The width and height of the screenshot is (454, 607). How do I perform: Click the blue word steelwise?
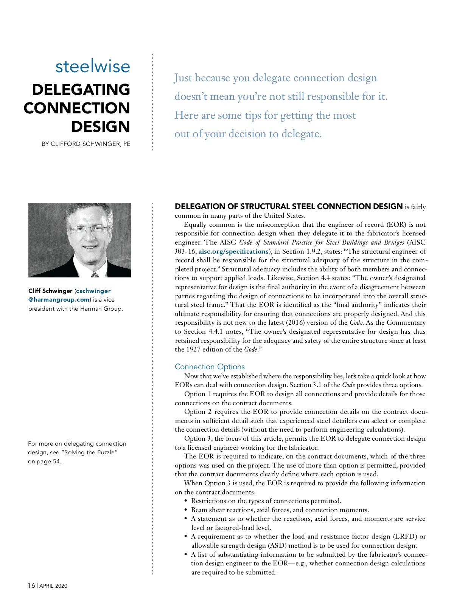coord(93,67)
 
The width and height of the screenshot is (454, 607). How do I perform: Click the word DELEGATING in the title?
coord(81,90)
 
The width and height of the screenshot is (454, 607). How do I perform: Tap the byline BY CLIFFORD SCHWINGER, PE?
coord(86,144)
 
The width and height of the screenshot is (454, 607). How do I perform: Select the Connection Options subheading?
coord(210,367)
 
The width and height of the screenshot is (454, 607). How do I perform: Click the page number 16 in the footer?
coord(31,585)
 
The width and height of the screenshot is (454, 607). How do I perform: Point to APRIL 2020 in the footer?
coord(53,586)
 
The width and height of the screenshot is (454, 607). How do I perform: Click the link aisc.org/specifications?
coord(233,251)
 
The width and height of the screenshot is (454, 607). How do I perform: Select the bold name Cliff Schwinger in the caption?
coord(50,291)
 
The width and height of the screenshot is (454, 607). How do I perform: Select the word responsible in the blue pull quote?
coord(333,96)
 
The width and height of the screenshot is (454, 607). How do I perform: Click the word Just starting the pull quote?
coord(183,78)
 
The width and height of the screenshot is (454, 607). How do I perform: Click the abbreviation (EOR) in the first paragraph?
coord(396,225)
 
